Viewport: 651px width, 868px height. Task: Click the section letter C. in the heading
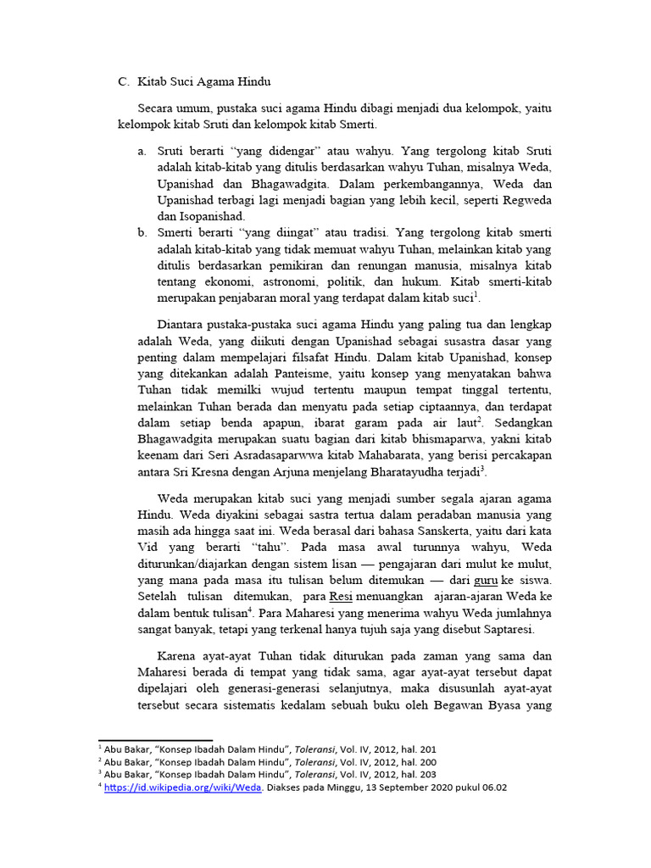coord(123,82)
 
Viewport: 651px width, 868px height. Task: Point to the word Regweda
coord(523,199)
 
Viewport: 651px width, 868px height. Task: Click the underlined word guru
coord(486,580)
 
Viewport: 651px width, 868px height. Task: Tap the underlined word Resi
coord(340,596)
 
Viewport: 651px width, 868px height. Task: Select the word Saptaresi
coord(508,630)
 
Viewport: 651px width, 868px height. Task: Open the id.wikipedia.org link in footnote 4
coord(183,787)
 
